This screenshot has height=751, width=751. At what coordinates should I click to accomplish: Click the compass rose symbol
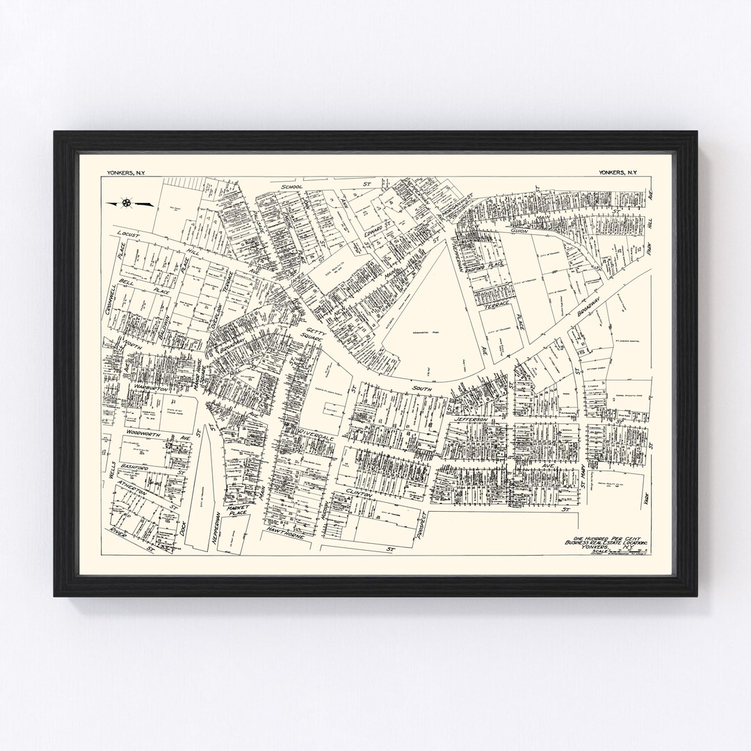pyautogui.click(x=127, y=203)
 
